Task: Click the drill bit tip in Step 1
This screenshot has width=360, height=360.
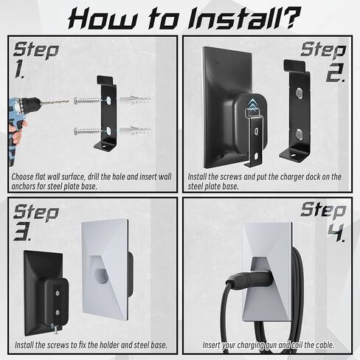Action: (69, 101)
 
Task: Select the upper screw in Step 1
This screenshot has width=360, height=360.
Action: (86, 100)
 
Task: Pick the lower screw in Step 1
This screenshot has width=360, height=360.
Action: (86, 131)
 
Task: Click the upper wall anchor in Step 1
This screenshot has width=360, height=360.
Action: (134, 100)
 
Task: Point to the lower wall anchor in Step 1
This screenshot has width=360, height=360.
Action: (134, 131)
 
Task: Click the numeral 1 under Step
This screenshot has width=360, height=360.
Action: (19, 70)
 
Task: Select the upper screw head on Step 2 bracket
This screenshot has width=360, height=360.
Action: (299, 94)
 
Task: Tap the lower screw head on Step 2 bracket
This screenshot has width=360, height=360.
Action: (299, 134)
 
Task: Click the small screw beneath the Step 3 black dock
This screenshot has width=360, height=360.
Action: (56, 330)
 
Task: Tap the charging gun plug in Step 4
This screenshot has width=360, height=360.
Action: (249, 280)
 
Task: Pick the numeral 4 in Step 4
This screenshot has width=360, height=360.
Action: (336, 232)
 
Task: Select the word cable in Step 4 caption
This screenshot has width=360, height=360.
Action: (325, 345)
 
